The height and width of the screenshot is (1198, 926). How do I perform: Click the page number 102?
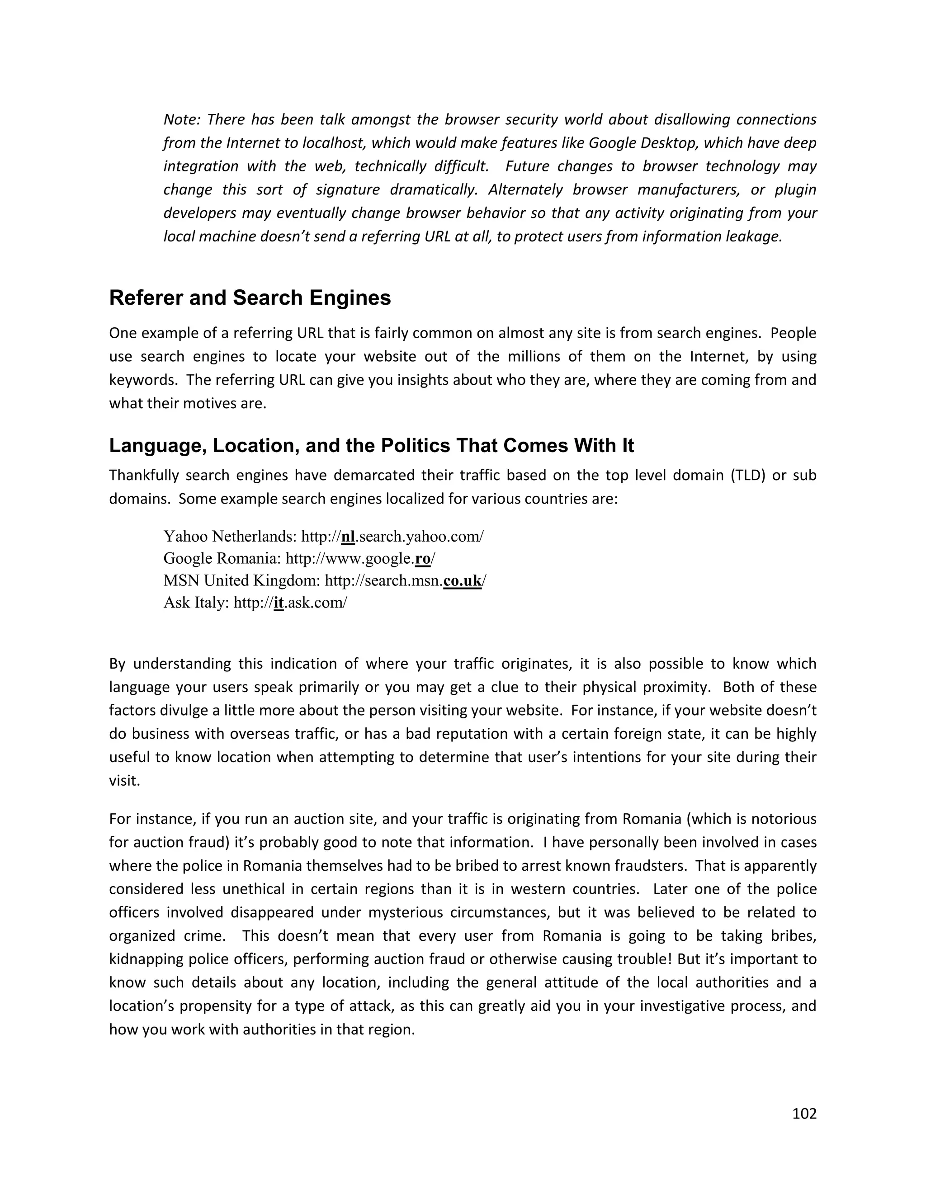click(804, 1113)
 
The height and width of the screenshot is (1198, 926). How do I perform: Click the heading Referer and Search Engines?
click(250, 298)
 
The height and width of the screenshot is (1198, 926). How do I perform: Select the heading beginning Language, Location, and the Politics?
click(371, 445)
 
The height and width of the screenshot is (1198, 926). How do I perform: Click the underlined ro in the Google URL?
click(423, 558)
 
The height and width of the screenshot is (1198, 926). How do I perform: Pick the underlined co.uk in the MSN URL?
click(463, 580)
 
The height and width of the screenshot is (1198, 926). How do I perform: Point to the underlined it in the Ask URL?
click(279, 603)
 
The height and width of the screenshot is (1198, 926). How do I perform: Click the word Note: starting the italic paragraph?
click(182, 120)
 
